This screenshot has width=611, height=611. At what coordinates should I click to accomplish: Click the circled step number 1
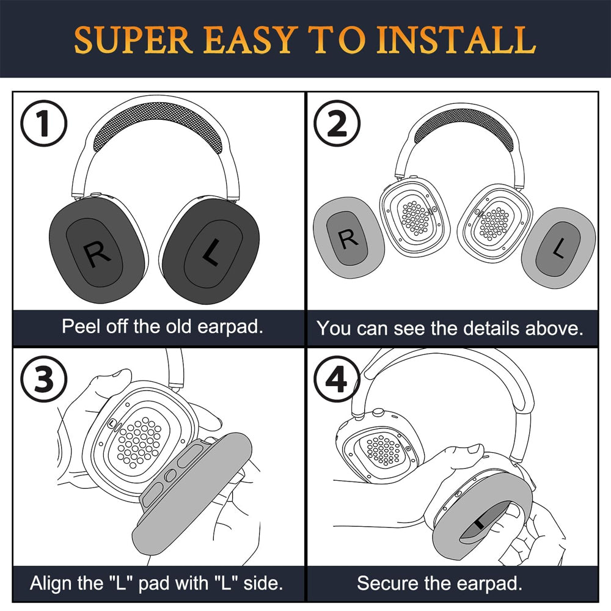pos(43,125)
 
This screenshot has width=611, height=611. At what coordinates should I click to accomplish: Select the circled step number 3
pos(43,380)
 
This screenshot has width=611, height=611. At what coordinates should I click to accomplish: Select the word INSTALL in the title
pos(456,40)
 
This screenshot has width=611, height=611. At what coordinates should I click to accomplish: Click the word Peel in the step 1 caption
pos(81,326)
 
